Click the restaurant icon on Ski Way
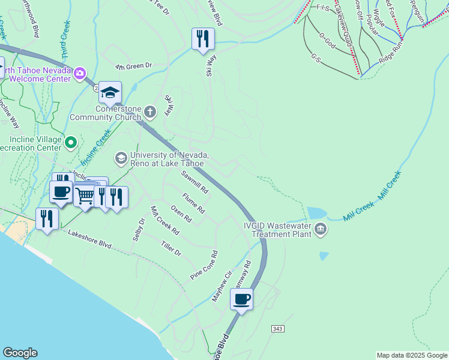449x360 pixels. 203,39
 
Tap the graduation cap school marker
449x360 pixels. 110,92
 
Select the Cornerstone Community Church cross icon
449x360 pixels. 150,111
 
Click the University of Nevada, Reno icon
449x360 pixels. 121,158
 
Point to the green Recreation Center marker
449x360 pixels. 71,142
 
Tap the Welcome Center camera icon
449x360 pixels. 79,73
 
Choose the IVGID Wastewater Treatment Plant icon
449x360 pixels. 321,229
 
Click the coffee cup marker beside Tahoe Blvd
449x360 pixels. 242,299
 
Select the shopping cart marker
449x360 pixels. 85,194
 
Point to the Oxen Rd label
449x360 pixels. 180,214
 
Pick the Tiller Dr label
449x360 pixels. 170,248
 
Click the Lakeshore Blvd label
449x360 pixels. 90,238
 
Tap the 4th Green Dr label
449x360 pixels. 134,65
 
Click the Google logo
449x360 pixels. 20,353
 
